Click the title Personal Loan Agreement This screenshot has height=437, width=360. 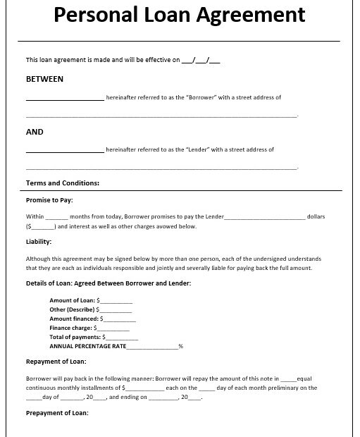click(180, 15)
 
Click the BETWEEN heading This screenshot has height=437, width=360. click(44, 79)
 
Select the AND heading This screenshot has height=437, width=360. click(35, 132)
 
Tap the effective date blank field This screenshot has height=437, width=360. click(201, 61)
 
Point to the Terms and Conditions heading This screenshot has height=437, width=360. click(63, 183)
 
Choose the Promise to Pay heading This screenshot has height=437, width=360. click(49, 200)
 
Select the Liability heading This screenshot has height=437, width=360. click(38, 242)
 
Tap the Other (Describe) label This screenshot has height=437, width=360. click(72, 309)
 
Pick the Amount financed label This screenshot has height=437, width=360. click(74, 319)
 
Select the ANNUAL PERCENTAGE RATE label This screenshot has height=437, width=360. click(88, 346)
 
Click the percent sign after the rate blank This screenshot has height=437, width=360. click(180, 346)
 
